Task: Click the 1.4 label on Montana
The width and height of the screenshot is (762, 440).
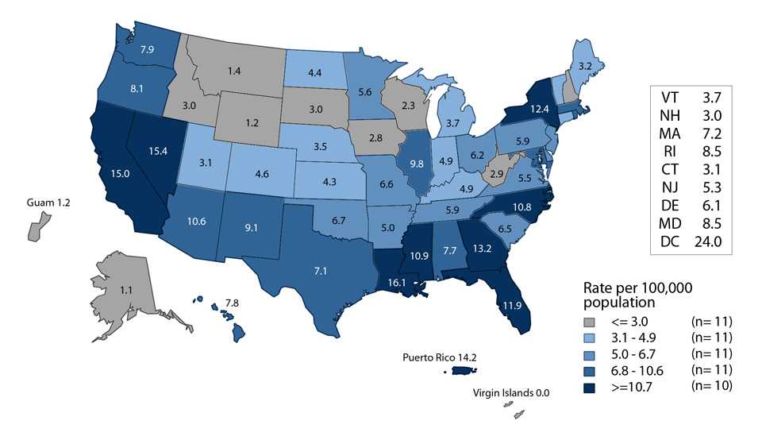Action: point(233,71)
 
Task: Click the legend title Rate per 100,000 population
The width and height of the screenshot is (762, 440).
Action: point(630,294)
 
